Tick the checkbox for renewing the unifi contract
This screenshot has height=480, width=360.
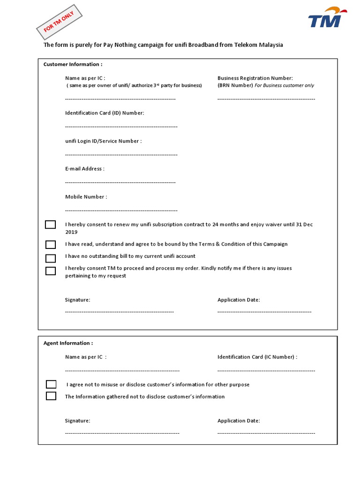tap(50, 225)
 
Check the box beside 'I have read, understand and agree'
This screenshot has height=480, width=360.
tap(50, 244)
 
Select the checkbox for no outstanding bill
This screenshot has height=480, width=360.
tap(50, 258)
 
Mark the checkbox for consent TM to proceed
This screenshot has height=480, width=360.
tap(50, 270)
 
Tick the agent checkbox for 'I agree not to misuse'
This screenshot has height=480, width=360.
tap(51, 384)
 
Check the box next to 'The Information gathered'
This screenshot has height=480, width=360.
tap(51, 396)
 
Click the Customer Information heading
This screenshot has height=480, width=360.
tap(73, 64)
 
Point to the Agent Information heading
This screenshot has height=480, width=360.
tap(68, 343)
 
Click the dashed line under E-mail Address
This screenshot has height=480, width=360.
tap(120, 182)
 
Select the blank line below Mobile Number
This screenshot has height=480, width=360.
tap(121, 210)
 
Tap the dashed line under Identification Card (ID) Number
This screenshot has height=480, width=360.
tap(121, 127)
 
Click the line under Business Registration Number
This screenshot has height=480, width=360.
tap(266, 99)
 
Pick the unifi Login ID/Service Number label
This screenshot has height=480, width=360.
tap(103, 141)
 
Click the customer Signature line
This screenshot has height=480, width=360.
tap(119, 312)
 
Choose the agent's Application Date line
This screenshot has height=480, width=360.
tap(266, 433)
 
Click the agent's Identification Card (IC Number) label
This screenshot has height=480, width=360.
tap(257, 357)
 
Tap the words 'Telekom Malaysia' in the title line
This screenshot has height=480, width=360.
tap(261, 45)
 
